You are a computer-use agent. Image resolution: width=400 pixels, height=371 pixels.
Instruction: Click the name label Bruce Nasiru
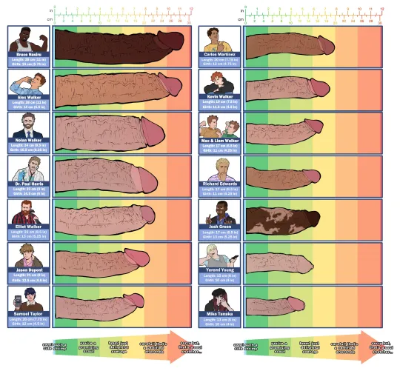click(x=29, y=53)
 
